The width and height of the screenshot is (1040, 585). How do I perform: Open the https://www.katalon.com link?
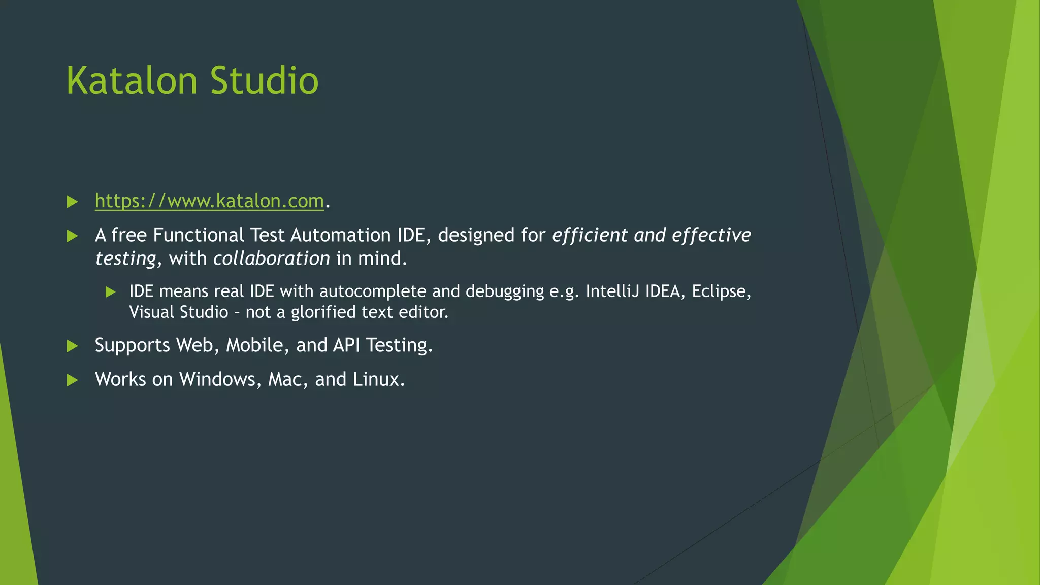click(x=209, y=201)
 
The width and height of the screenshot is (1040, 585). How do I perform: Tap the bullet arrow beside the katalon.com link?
click(x=72, y=202)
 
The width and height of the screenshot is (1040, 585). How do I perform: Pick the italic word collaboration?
click(x=272, y=258)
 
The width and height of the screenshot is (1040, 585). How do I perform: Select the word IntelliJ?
click(x=612, y=291)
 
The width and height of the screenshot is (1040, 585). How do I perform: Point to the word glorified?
click(x=323, y=312)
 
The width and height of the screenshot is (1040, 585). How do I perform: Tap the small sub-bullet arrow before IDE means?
click(x=111, y=292)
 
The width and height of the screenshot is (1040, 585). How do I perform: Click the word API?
click(x=346, y=345)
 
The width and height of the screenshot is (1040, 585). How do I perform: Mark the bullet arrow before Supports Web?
click(x=72, y=346)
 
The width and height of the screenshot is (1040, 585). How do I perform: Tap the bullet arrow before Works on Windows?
click(x=72, y=380)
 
